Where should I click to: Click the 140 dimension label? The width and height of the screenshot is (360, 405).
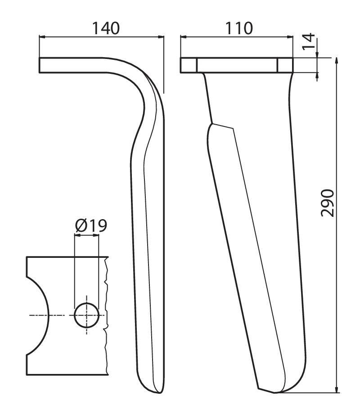click(106, 28)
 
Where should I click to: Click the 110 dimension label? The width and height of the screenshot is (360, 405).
click(239, 28)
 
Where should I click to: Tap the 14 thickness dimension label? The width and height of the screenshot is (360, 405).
click(309, 41)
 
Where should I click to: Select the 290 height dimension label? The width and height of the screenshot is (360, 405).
click(327, 203)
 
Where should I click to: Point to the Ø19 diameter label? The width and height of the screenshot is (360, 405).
click(91, 225)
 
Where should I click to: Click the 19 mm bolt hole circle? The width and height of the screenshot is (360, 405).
click(86, 315)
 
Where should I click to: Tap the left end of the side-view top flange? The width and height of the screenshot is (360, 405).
click(39, 65)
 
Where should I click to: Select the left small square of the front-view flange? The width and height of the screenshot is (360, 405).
click(189, 65)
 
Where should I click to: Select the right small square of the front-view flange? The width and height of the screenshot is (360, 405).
click(285, 65)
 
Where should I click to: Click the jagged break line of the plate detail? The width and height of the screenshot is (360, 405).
click(106, 315)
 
